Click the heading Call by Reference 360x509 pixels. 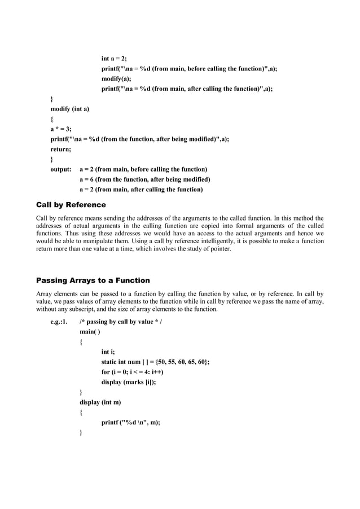point(71,204)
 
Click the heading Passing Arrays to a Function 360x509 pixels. point(93,280)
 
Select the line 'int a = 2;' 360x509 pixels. point(114,59)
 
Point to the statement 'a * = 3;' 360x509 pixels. point(61,129)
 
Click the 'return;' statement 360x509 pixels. point(61,149)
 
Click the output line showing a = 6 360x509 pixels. point(145,179)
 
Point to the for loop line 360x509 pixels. point(141,372)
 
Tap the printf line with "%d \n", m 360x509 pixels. point(131,423)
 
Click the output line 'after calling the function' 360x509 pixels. point(141,190)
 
